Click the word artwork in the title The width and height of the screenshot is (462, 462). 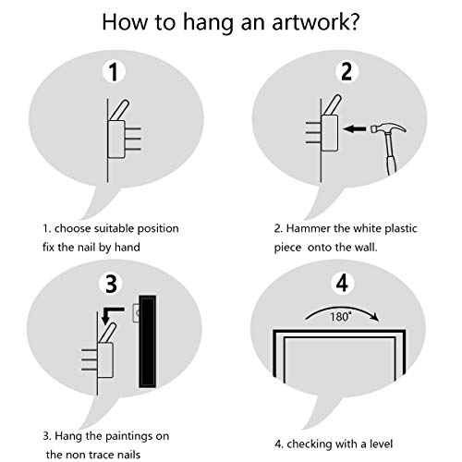point(310,22)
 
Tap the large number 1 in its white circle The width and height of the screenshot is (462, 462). point(114,72)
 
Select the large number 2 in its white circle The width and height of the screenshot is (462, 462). point(346,71)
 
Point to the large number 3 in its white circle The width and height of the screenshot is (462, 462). point(112,284)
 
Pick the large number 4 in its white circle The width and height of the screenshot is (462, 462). point(342,283)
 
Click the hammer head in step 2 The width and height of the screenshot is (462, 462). point(389,128)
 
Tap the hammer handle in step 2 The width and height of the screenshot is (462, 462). point(391,154)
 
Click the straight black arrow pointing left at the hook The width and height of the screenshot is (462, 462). point(355,128)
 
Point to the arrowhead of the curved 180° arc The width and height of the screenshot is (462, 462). point(375,317)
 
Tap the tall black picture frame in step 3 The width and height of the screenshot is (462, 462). point(148,341)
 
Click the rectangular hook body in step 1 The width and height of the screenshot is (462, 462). point(116,139)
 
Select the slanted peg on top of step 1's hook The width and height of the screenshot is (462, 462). point(119,110)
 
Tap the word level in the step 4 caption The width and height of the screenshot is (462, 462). point(381,444)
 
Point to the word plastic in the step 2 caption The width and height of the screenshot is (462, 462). point(401,229)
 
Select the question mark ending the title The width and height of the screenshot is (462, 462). point(355,21)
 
